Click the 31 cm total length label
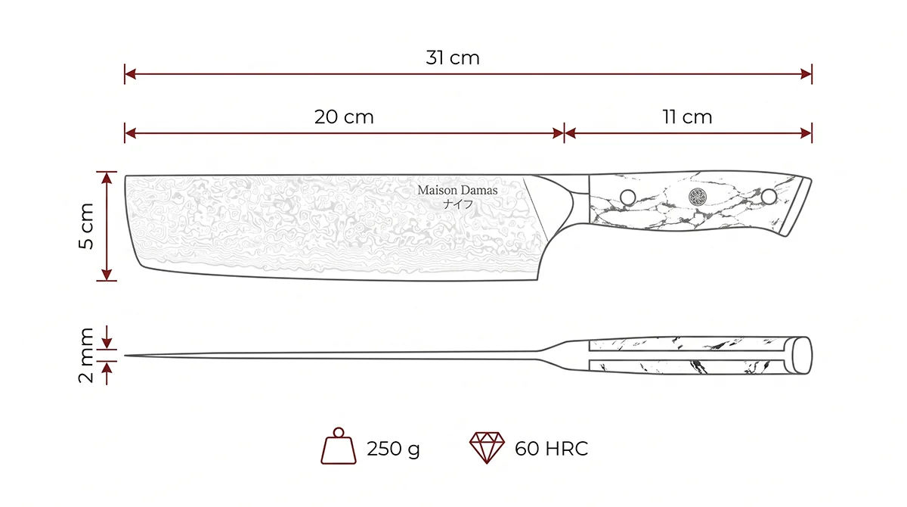[x=453, y=58]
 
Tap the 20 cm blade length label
[x=344, y=117]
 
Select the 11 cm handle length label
[x=687, y=117]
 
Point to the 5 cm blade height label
[x=86, y=226]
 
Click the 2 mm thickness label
[x=86, y=356]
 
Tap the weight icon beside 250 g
[x=339, y=446]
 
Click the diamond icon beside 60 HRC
[x=487, y=447]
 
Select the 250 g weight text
[x=393, y=449]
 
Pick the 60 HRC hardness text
[x=551, y=448]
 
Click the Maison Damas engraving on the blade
[x=457, y=190]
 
